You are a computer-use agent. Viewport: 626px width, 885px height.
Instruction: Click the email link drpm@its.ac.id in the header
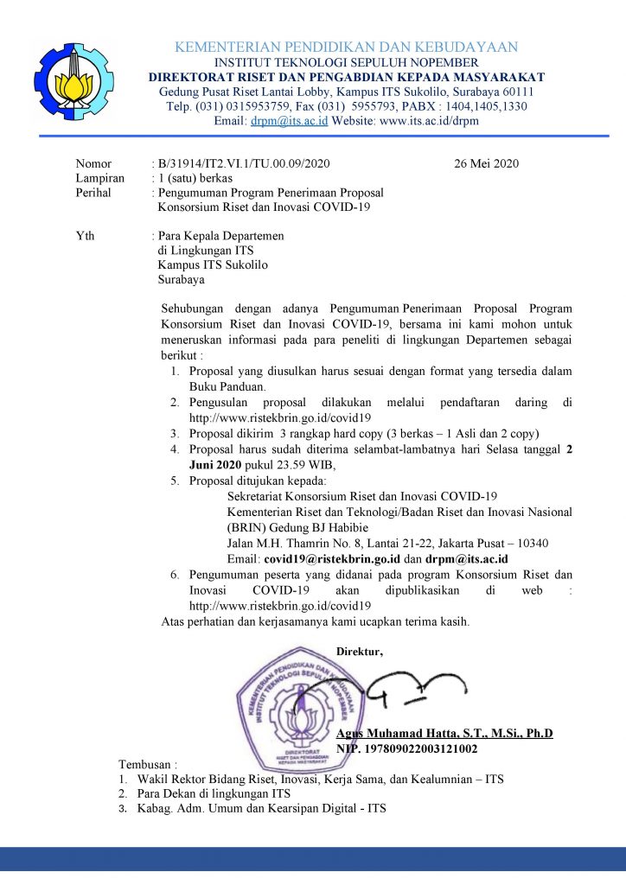pos(277,122)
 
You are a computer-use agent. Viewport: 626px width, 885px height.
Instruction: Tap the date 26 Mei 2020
pos(486,163)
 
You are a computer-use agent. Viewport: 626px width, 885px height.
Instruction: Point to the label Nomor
pos(93,163)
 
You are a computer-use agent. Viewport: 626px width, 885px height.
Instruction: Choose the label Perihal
pos(94,193)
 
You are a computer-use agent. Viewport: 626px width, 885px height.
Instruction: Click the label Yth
pos(86,235)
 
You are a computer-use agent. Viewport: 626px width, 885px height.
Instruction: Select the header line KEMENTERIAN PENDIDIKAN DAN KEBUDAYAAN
pos(346,47)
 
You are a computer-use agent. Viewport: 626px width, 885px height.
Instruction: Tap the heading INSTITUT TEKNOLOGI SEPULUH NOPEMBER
pos(346,63)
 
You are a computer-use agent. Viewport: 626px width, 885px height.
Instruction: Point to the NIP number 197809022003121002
pos(424,748)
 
